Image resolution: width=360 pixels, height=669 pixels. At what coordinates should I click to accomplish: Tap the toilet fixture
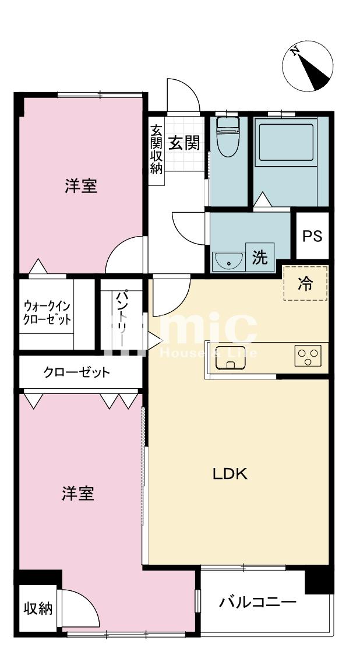[227, 136]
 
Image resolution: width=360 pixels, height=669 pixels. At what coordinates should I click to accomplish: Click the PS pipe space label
[313, 236]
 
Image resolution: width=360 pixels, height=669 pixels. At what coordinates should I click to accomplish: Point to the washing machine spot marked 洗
[260, 257]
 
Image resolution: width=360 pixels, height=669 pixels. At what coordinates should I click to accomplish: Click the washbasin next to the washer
[228, 260]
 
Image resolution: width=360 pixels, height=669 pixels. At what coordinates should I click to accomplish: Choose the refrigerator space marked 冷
[305, 284]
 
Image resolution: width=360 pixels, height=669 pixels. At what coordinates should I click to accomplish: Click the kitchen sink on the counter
[231, 358]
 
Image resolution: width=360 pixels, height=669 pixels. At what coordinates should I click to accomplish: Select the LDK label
[230, 474]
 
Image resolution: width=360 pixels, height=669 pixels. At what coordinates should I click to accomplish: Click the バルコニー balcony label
[257, 603]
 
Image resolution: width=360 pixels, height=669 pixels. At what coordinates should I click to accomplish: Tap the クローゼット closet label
[77, 372]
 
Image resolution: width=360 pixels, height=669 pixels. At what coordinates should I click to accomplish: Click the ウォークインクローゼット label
[47, 313]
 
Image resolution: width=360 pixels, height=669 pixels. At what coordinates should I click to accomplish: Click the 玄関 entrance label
[184, 143]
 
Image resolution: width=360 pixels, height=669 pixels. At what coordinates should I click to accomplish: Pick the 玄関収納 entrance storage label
[157, 149]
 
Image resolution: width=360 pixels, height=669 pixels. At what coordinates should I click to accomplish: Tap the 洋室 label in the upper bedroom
[81, 186]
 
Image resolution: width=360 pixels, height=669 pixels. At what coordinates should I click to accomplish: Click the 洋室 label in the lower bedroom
[78, 494]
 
